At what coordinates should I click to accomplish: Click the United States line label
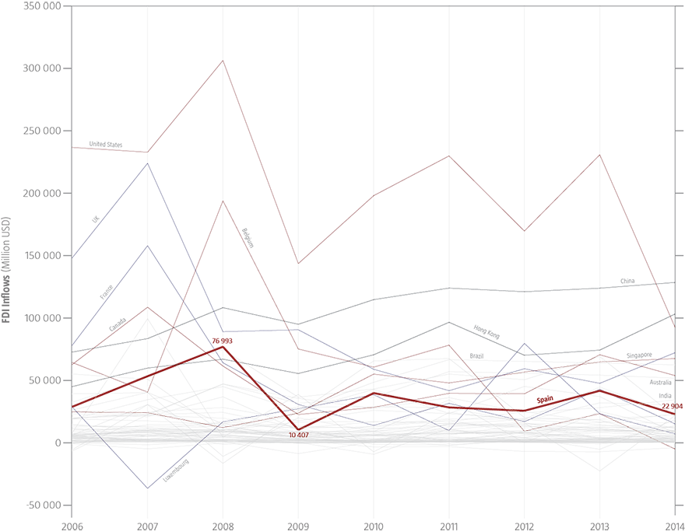click(105, 144)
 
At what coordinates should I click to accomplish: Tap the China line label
click(627, 281)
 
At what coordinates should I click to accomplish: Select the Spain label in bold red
click(545, 400)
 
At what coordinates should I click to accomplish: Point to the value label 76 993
click(223, 341)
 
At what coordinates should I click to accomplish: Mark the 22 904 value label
click(672, 406)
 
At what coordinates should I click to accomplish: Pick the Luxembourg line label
click(176, 471)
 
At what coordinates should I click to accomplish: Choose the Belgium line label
click(248, 237)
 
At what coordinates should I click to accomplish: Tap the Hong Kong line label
click(487, 332)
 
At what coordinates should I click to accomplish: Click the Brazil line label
click(476, 355)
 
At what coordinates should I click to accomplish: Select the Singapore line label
click(638, 355)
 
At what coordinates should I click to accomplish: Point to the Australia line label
click(660, 383)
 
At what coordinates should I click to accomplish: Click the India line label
click(665, 396)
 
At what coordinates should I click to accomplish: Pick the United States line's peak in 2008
click(223, 61)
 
